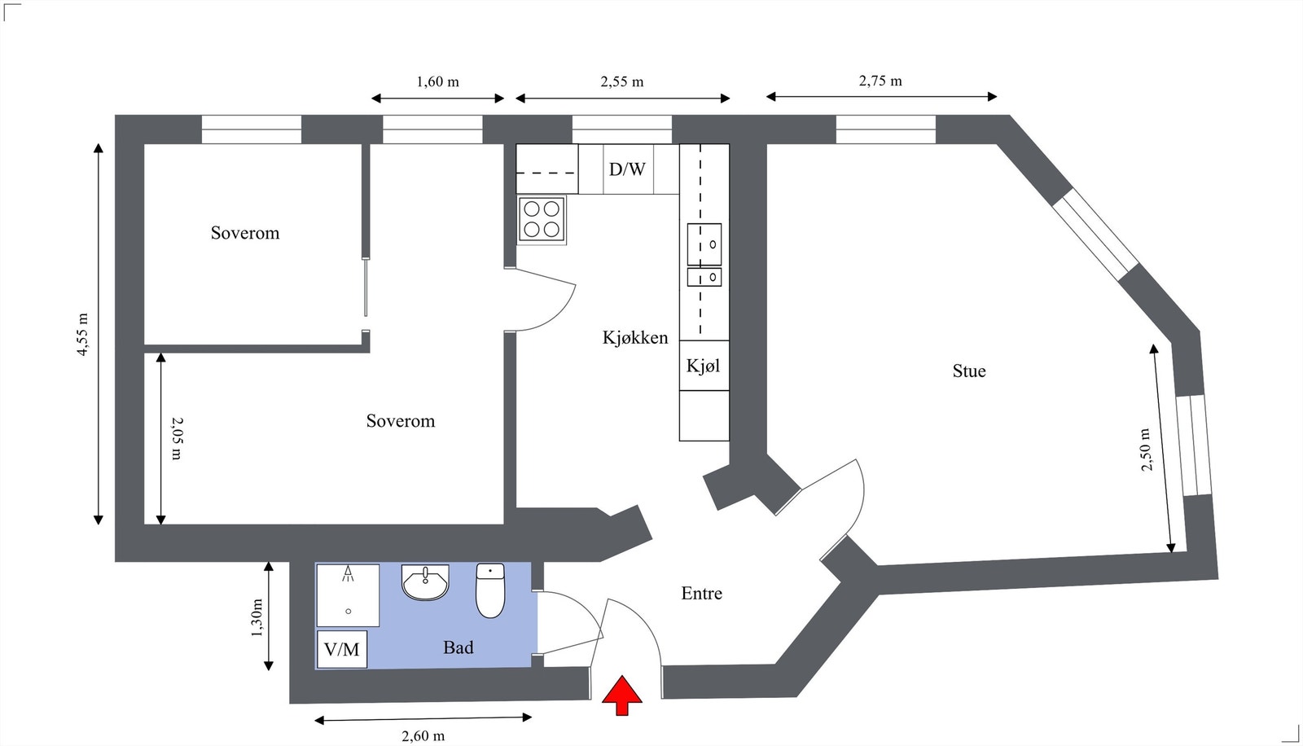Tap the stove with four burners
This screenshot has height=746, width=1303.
(x=542, y=219)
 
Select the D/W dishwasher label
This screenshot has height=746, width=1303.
(x=627, y=169)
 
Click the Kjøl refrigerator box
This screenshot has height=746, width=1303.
(x=704, y=366)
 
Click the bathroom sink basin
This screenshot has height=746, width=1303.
(x=425, y=582)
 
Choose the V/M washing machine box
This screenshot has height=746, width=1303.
(x=342, y=649)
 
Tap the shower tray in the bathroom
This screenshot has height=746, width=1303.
(x=348, y=595)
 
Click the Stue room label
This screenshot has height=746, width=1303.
(x=969, y=371)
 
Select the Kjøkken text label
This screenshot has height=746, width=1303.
(x=635, y=338)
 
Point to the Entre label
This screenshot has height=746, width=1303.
(x=701, y=594)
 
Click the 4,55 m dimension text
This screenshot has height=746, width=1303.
(x=83, y=335)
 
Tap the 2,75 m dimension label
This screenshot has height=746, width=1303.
(x=880, y=81)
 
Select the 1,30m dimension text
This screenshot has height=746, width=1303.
(x=257, y=618)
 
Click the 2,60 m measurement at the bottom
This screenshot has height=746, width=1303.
(x=423, y=736)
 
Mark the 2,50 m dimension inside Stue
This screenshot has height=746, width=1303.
(x=1146, y=450)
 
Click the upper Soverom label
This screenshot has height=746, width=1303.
(x=245, y=233)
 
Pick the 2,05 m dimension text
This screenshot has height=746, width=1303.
(x=177, y=438)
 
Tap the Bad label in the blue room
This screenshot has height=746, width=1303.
(x=458, y=647)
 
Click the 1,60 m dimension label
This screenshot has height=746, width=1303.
(x=437, y=81)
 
